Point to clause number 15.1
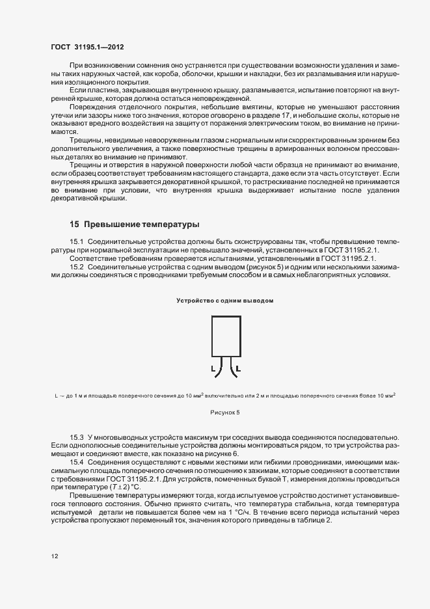[x=78, y=241]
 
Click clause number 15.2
[x=78, y=267]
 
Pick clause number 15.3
[x=78, y=435]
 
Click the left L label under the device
[x=212, y=369]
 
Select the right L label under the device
[x=238, y=369]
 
